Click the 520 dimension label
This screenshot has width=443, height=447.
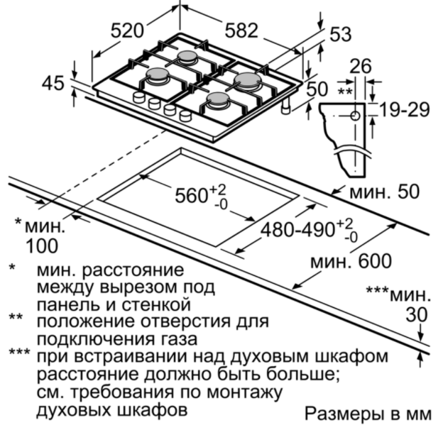coord(127,31)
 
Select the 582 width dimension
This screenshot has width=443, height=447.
coord(241,31)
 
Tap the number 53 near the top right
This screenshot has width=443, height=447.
coord(340,34)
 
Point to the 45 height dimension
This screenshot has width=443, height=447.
coord(53,84)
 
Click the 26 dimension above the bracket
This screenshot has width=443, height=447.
coord(361,66)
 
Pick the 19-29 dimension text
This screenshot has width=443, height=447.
coord(405,110)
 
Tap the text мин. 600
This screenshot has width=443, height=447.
coord(351,261)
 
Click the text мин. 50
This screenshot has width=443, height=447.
coord(385,192)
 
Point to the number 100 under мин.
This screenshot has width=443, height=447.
coord(42,246)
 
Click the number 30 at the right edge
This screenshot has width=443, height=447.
coord(417,315)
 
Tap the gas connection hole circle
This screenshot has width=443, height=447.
coord(355,116)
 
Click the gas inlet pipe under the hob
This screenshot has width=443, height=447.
coord(285,107)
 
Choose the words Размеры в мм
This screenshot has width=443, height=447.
coord(368,414)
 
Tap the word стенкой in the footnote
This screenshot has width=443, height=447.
coord(156,304)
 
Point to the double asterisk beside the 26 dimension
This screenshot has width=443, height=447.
coord(344,92)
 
